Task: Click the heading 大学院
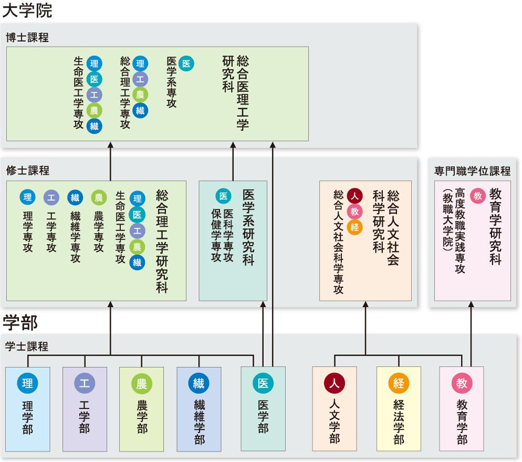[x=28, y=11]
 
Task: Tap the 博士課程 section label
[x=28, y=38]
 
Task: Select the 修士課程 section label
[x=28, y=171]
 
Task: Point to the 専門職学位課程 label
[x=472, y=171]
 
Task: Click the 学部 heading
[x=20, y=322]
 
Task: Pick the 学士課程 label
[x=26, y=346]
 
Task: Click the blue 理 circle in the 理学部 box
[x=28, y=383]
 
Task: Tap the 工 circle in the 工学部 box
[x=84, y=383]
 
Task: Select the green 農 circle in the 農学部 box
[x=142, y=383]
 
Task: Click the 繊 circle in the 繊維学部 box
[x=199, y=383]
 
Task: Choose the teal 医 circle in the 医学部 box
[x=263, y=383]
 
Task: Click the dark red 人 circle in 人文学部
[x=334, y=383]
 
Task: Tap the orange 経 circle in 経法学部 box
[x=398, y=383]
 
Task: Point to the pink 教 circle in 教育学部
[x=462, y=383]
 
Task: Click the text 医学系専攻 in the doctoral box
[x=171, y=82]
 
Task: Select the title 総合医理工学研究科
[x=236, y=93]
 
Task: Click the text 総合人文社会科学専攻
[x=338, y=242]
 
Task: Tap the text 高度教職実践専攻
[x=460, y=231]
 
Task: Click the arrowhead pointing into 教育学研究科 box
[x=471, y=304]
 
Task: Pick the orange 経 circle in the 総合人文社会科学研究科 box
[x=354, y=227]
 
